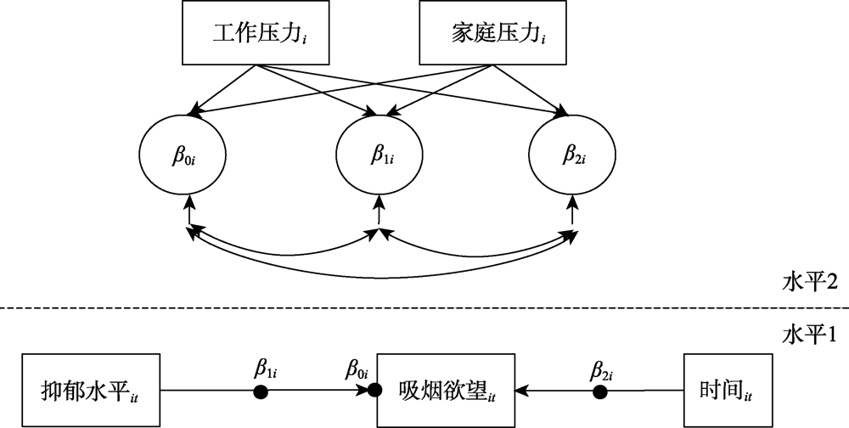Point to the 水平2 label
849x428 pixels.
coord(810,281)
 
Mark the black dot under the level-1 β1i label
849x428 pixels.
coord(261,391)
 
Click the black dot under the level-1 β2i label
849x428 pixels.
coord(600,391)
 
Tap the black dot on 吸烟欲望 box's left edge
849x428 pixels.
coord(374,391)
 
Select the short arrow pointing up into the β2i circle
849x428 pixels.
coord(571,211)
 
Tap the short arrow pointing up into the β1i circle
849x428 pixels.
coord(380,211)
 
